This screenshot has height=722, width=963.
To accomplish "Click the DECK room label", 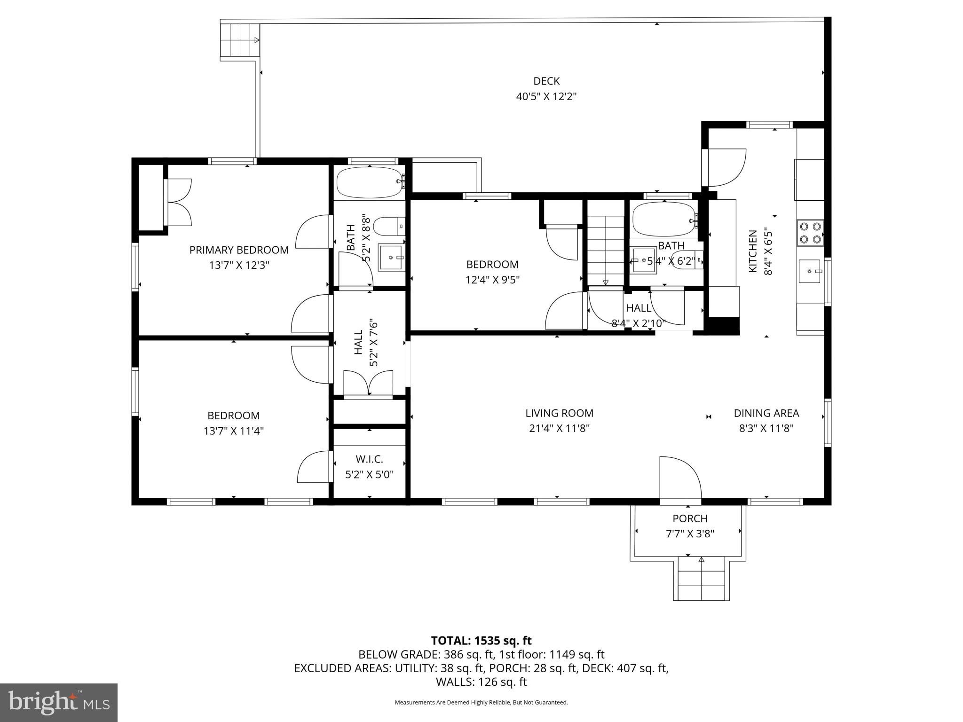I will coord(546,81).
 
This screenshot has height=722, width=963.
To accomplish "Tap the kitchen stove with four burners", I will coord(810,233).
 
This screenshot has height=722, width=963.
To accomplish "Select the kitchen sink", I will coord(809,271).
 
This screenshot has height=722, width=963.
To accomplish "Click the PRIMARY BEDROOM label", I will coord(239,250).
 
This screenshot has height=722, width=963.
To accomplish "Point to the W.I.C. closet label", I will coord(369,459).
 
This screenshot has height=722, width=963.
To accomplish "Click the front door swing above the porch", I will coord(679,478).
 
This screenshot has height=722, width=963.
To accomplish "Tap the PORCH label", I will coord(690,518).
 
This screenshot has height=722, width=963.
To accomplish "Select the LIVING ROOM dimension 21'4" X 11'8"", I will coord(559,428).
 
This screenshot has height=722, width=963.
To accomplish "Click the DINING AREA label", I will coord(766,413).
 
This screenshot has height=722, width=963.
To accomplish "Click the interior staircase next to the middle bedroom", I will coord(605,249).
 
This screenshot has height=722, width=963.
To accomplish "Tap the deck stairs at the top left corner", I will coord(240,40).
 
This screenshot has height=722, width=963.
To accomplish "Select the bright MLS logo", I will coord(59,702).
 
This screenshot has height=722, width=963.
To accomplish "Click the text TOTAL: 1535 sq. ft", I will coord(481,641).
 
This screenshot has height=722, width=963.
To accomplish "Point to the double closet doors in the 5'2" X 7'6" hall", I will coord(368,384).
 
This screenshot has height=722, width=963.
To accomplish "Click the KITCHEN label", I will coord(753,251).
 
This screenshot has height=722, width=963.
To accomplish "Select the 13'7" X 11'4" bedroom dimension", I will coord(234,431).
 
